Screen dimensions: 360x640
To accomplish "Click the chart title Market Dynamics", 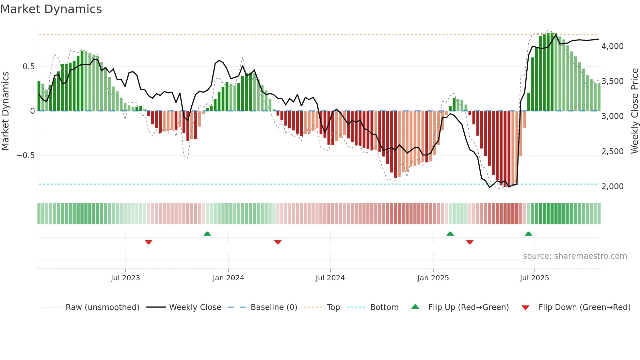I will coord(51,9).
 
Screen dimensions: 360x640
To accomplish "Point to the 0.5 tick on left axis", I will coord(28,67).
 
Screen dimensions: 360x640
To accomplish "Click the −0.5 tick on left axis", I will coord(25,155).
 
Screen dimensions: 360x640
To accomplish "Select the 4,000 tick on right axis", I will coord(612,46).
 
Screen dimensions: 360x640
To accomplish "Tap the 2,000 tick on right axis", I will coord(612,187).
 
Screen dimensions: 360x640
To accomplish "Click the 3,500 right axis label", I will coord(612,81).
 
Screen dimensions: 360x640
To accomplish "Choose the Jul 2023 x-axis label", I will coord(125,278).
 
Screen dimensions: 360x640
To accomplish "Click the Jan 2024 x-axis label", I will coord(228,278).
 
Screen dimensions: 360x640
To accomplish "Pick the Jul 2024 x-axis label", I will coord(330,278).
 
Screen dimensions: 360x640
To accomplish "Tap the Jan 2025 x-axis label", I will coord(433,278).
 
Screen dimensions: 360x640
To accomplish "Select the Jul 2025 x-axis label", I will coord(534,278).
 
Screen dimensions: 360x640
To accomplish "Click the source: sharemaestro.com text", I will coord(575,256).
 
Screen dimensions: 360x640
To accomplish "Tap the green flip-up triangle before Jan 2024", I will coord(207,234).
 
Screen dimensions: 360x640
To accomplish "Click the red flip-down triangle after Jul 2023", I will coord(149,242).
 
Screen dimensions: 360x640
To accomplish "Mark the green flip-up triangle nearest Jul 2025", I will coord(528,234).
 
